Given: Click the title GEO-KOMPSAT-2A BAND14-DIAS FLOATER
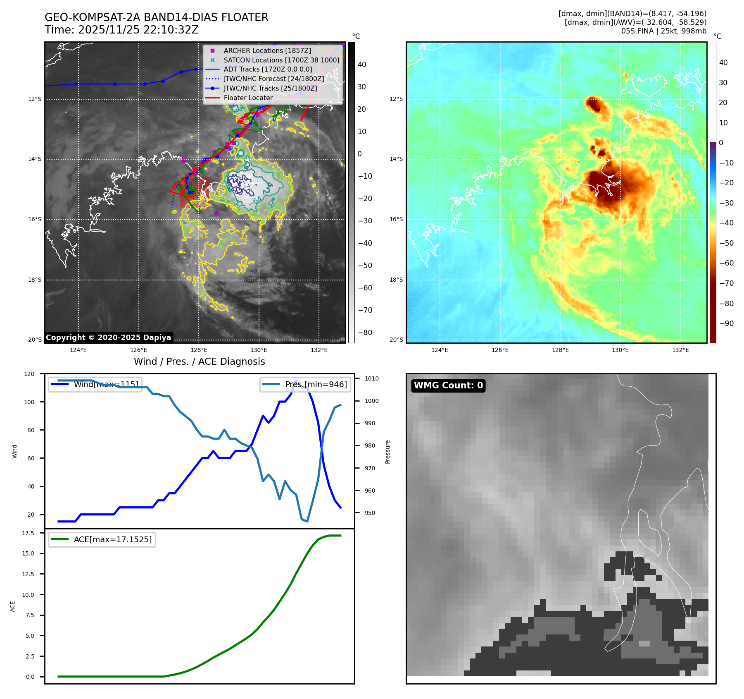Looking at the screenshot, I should pos(156,17).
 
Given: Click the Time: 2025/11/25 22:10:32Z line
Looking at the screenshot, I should pos(121,30).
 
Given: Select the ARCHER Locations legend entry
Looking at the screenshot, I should pos(267,50).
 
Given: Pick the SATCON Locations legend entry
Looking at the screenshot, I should pos(281,60).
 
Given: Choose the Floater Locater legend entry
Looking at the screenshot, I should pos(248,98).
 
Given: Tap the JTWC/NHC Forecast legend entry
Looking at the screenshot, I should pos(273,79).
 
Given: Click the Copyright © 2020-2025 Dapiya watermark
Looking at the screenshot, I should pos(108,338).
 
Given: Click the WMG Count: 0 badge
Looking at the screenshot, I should pos(448,385).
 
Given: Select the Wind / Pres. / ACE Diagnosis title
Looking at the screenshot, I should pos(199,361).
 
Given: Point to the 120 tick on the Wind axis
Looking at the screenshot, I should pos(29,374).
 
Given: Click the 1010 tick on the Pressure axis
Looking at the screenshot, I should pos(371,378).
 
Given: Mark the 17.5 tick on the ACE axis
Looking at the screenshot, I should pos(28,533).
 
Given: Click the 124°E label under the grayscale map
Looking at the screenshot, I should pos(78,350).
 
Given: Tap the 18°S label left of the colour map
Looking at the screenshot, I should pos(396,280).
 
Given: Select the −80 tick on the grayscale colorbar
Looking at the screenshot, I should pos(365,333).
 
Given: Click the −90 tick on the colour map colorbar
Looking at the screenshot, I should pos(726,323).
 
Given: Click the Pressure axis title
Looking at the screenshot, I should pos(387,452).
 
